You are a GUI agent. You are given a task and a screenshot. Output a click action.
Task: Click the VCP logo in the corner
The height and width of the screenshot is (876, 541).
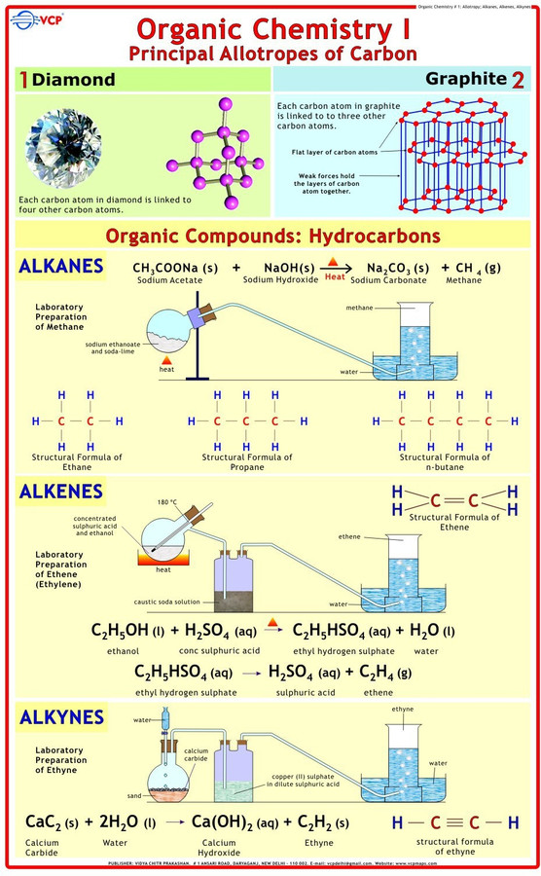[29, 17]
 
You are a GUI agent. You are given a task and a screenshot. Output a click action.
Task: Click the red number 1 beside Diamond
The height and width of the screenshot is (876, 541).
[22, 80]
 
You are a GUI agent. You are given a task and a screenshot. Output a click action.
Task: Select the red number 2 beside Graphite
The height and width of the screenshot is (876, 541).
[518, 79]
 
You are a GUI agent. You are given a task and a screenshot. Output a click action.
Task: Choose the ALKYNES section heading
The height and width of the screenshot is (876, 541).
[61, 717]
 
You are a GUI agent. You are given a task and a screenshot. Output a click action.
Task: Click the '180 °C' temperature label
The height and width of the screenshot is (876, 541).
[167, 502]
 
